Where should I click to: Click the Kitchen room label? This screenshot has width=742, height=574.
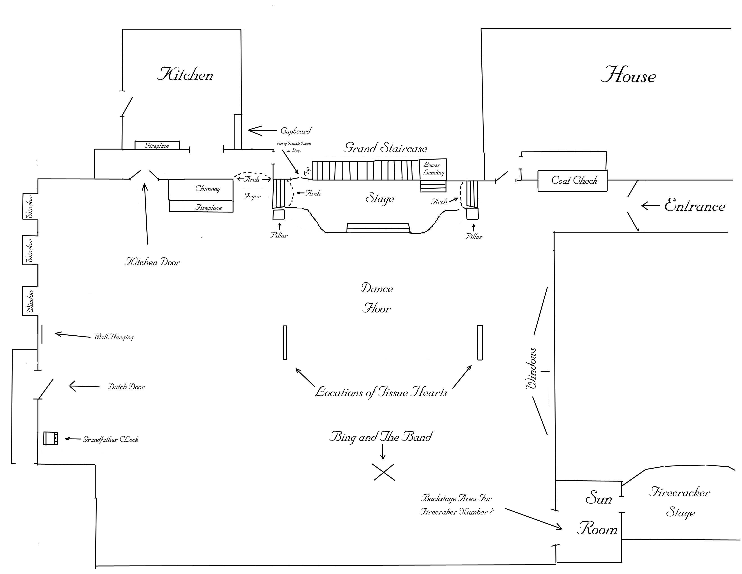[185, 74]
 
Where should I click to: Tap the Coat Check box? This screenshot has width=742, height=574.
[572, 181]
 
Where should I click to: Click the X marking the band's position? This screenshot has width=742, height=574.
[384, 472]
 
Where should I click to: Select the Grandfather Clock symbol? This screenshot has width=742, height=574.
[51, 438]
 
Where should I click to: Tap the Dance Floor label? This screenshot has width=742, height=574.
[377, 298]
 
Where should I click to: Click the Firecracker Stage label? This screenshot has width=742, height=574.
[680, 502]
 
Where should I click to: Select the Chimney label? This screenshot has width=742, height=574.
[208, 189]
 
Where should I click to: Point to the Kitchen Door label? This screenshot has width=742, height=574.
[152, 262]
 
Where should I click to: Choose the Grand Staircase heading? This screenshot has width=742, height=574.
[385, 148]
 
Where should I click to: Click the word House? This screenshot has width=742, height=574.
[628, 75]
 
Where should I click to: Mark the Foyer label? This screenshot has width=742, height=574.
[252, 196]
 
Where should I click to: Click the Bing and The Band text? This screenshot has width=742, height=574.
[381, 436]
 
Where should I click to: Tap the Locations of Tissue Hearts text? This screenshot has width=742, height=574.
[381, 392]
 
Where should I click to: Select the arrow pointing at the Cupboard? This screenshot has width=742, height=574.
[263, 131]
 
